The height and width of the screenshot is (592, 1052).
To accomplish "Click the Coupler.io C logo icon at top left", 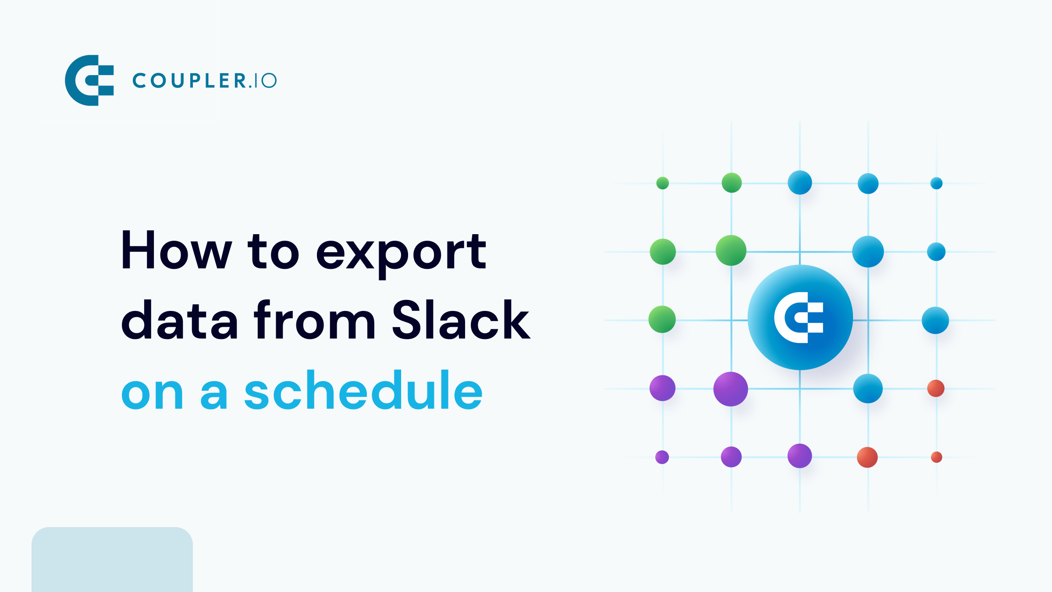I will tap(89, 80).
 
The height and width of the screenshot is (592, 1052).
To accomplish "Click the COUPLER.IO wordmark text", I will tap(204, 81).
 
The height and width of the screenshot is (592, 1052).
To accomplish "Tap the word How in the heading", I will tap(176, 250).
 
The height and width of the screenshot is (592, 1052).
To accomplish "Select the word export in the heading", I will tap(401, 252).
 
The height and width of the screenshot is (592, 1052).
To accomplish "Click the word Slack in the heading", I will tap(461, 320).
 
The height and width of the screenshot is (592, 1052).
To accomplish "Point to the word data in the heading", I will tap(179, 320).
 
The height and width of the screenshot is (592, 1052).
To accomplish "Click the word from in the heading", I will tap(314, 320).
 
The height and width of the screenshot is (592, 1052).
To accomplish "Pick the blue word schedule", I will tap(363, 390).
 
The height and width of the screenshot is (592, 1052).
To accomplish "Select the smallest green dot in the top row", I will tap(662, 183).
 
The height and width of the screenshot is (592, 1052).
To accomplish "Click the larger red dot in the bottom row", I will tap(867, 457).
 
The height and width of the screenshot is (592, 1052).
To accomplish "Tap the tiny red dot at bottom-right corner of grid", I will tap(936, 457).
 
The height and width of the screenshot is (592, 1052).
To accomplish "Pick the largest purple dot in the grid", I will tap(730, 389).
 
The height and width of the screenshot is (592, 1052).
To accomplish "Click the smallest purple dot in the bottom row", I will tap(662, 457).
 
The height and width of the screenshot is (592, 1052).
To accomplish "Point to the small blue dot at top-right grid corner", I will tap(936, 183).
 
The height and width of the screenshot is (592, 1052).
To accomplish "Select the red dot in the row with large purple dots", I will tap(935, 389).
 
